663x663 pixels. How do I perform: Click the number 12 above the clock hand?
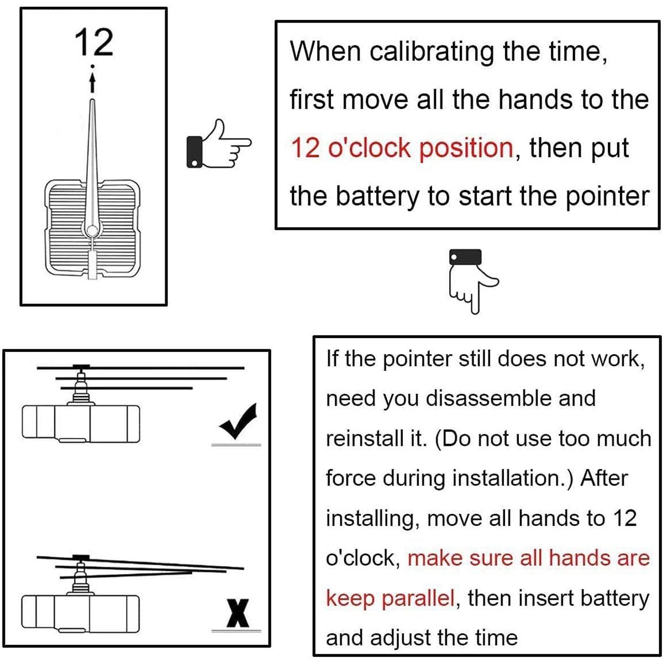click(x=93, y=42)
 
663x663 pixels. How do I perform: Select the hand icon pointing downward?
click(x=473, y=281)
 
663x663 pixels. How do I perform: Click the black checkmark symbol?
click(x=238, y=421)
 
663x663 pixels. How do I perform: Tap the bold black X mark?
click(x=238, y=613)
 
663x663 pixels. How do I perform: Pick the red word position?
click(x=466, y=149)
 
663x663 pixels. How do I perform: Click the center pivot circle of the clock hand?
click(x=92, y=230)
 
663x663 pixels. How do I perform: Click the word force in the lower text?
click(x=351, y=479)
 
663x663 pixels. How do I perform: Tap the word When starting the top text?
click(x=325, y=51)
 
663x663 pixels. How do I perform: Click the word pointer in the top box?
click(x=607, y=197)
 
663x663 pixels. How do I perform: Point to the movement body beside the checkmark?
click(x=81, y=424)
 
